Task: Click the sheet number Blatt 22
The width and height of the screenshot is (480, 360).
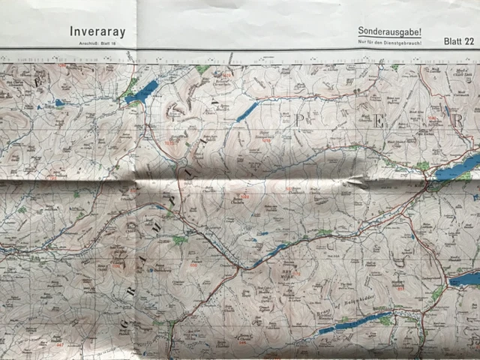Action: pyautogui.click(x=458, y=41)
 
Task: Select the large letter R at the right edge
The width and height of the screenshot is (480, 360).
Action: pyautogui.click(x=458, y=121)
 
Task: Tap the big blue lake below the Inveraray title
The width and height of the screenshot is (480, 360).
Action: pyautogui.click(x=142, y=92)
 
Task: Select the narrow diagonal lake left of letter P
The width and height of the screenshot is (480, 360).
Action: pyautogui.click(x=247, y=112)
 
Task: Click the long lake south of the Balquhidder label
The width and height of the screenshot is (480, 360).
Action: pyautogui.click(x=352, y=323)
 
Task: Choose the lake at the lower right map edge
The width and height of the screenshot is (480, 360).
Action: pyautogui.click(x=465, y=279)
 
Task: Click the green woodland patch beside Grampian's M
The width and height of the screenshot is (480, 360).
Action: pyautogui.click(x=179, y=240)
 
